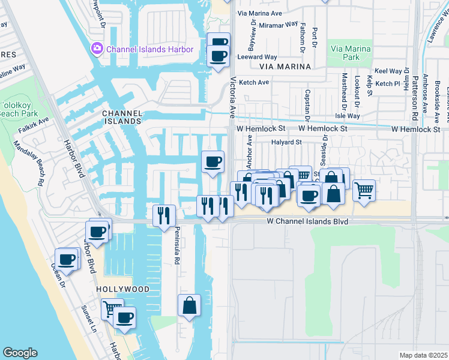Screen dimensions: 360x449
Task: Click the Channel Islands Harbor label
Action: pyautogui.click(x=150, y=49)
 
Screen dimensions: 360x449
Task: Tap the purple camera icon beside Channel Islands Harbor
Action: pyautogui.click(x=97, y=48)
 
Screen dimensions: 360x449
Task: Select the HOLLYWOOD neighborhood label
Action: pyautogui.click(x=122, y=289)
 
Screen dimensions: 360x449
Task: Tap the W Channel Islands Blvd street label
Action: pyautogui.click(x=308, y=222)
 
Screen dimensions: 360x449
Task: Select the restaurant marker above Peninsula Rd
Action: pyautogui.click(x=164, y=215)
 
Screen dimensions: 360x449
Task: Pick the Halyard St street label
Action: pyautogui.click(x=284, y=142)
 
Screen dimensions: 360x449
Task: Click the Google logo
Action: pyautogui.click(x=20, y=353)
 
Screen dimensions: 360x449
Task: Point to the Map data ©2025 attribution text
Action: pyautogui.click(x=423, y=355)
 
